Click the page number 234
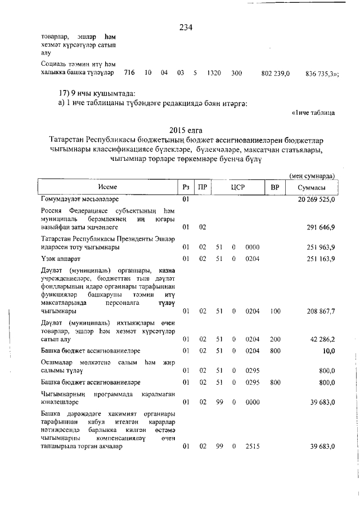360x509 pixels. tap(186, 28)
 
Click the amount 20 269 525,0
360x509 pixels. tap(313, 199)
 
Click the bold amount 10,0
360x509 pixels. tap(328, 351)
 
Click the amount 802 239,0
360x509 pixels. tap(276, 73)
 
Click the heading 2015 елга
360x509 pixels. tap(186, 130)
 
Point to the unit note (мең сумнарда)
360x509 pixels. tap(313, 175)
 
